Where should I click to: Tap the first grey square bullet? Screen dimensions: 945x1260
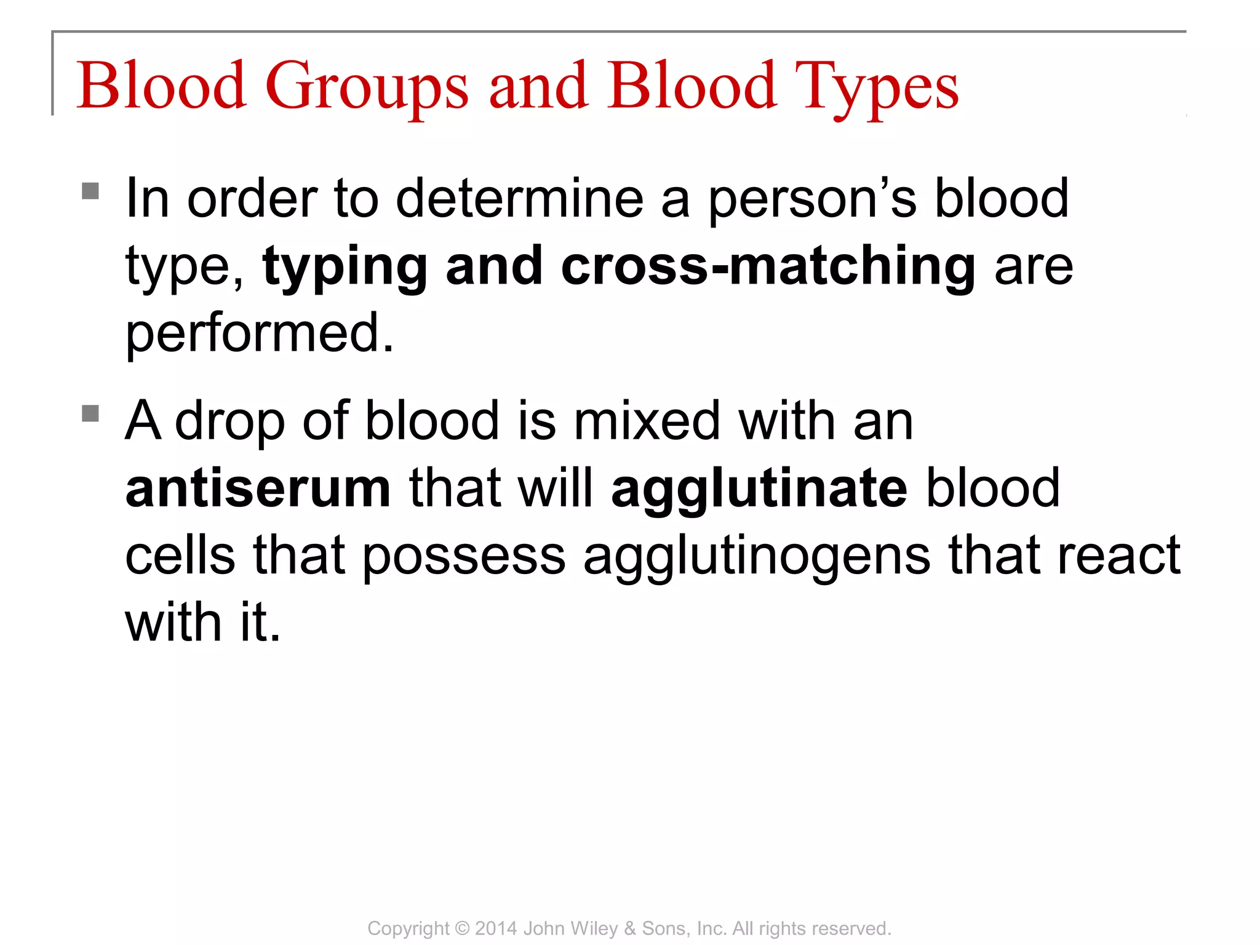click(x=90, y=191)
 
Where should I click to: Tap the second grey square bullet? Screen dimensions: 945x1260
click(x=90, y=413)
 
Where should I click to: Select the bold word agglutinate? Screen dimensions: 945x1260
click(x=759, y=489)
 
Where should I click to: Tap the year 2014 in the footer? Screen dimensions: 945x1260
click(x=496, y=928)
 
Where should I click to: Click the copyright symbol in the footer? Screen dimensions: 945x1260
click(x=462, y=928)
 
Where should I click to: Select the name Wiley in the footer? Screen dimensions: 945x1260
click(x=596, y=928)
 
